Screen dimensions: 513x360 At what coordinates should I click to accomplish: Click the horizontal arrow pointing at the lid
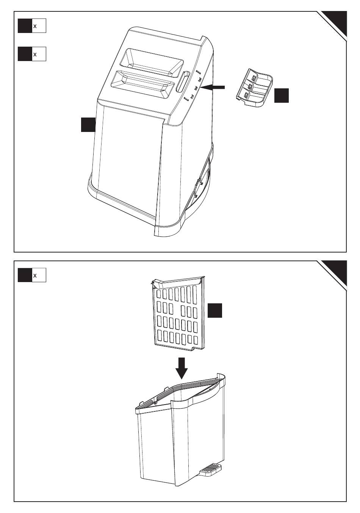(214, 88)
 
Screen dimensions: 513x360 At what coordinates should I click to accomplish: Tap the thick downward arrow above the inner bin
(182, 367)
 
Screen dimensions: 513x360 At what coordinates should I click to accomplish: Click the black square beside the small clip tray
(281, 95)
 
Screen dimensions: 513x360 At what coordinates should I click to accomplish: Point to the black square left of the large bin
(88, 124)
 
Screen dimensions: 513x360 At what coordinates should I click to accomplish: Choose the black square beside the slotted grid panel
(214, 310)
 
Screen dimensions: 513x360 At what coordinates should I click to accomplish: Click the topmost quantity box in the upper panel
(32, 26)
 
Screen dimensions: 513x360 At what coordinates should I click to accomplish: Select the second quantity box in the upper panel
(32, 54)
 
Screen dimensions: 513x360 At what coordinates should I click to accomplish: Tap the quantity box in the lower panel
(32, 275)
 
